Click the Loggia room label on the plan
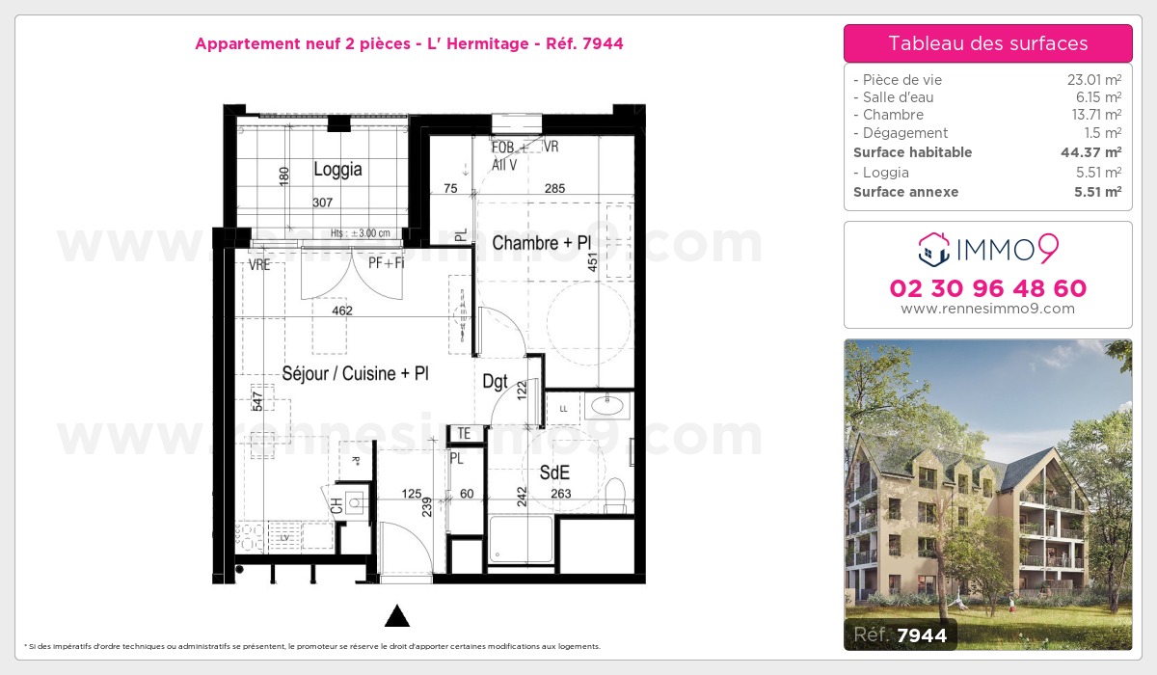tap(337, 170)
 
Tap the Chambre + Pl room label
tap(540, 243)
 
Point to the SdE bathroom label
tap(554, 472)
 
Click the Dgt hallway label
tap(495, 382)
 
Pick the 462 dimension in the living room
tap(341, 310)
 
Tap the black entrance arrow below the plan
tap(397, 616)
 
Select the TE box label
tap(464, 434)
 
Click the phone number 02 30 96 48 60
tap(987, 288)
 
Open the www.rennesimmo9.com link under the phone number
tap(987, 309)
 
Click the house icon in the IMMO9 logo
tap(933, 250)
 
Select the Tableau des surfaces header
tap(987, 43)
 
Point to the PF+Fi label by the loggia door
tap(386, 261)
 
